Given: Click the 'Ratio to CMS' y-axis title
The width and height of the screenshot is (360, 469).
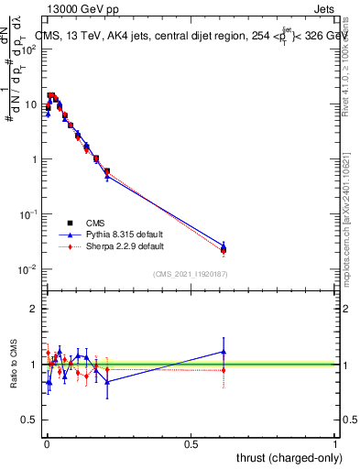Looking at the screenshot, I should point(13,365).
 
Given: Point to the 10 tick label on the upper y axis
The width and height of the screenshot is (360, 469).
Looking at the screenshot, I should point(30,104).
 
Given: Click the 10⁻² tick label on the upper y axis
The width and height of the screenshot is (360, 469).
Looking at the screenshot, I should point(27,269).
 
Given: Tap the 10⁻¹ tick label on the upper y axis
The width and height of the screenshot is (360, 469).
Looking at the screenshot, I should point(27,214).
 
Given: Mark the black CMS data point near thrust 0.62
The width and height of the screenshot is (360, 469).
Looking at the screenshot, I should point(224,249).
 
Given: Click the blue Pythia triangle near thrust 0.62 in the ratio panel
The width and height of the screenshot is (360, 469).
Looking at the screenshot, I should point(224,352).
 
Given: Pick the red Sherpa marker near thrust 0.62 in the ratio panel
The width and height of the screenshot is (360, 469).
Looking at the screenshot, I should point(224,370).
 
